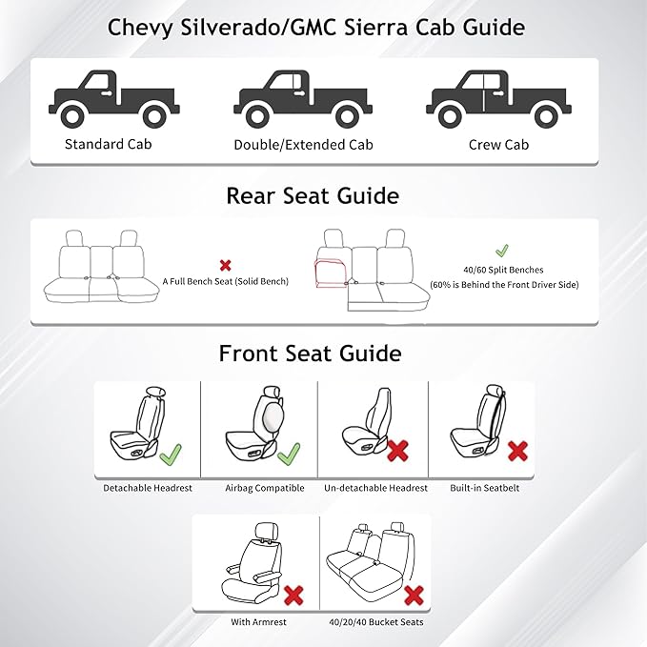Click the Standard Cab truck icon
click(108, 100)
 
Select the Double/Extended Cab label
click(303, 146)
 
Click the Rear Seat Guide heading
click(312, 195)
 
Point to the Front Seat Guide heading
click(310, 354)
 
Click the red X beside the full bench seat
click(225, 265)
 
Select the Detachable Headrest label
click(148, 488)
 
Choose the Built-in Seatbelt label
click(481, 488)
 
